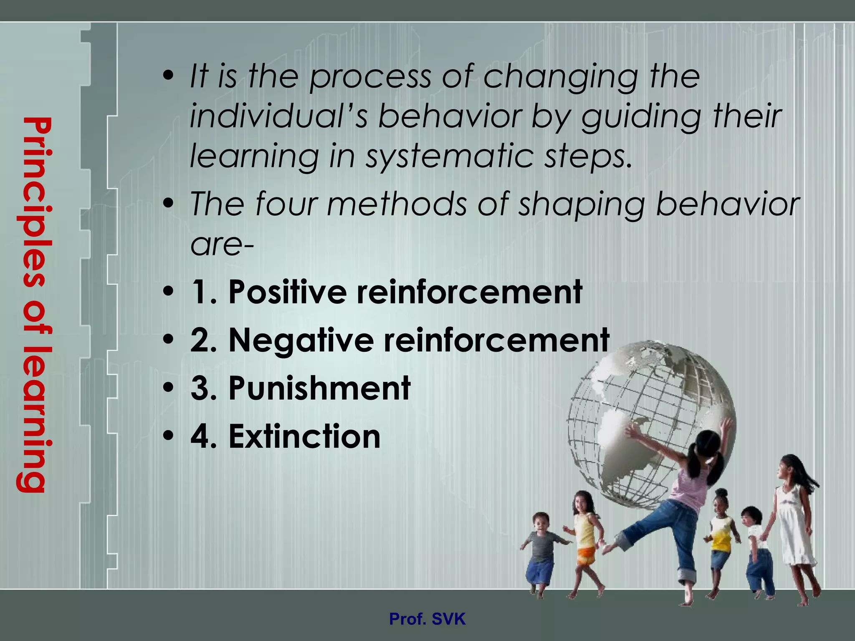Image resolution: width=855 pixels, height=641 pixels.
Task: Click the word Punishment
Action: (319, 388)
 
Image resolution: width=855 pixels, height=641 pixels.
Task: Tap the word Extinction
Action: (304, 437)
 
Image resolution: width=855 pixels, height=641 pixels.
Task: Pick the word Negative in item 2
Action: (301, 340)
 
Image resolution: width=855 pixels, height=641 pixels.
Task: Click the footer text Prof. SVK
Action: (427, 618)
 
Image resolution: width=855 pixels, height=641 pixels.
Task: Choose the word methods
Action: (397, 204)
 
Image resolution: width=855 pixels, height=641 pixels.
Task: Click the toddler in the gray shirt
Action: (541, 551)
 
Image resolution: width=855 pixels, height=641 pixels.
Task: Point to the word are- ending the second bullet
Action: (222, 244)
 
